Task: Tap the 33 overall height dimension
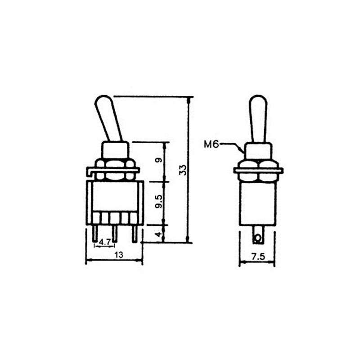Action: tap(183, 170)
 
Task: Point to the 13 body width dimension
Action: tap(119, 255)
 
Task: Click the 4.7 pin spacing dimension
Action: tap(105, 242)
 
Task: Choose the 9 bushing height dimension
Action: tap(157, 161)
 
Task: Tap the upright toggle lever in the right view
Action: tap(258, 118)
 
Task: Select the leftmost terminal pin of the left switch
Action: tap(95, 233)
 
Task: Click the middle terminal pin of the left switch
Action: tap(114, 233)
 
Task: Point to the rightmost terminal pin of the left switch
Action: tap(134, 233)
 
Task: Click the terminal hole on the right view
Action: tap(258, 237)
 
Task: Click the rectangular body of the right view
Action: tap(258, 202)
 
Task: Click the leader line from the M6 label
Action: tap(234, 145)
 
